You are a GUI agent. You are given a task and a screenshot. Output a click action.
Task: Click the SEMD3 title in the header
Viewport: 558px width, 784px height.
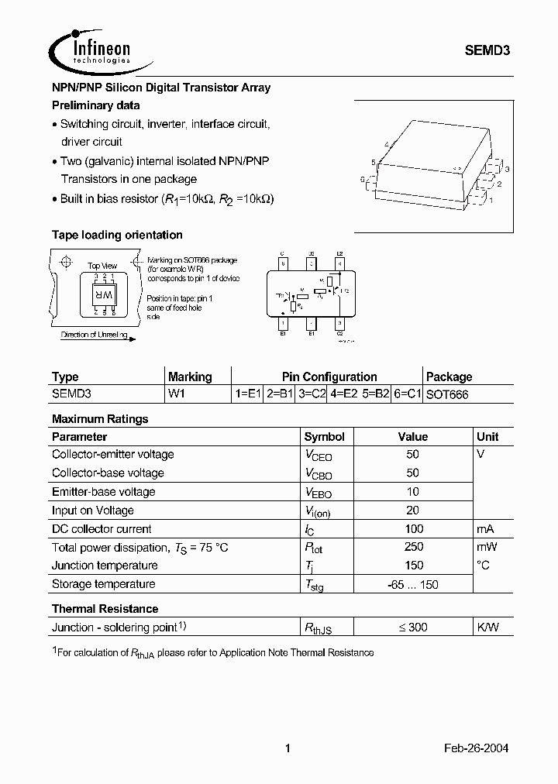point(487,49)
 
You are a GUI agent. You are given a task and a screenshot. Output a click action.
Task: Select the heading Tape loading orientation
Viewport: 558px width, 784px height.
point(117,235)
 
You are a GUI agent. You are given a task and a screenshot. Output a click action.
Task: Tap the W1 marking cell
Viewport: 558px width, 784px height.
point(177,394)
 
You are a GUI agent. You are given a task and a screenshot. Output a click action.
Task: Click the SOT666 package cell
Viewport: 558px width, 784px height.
point(447,394)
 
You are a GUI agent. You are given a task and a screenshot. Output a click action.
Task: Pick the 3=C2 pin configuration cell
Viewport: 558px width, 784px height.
point(312,394)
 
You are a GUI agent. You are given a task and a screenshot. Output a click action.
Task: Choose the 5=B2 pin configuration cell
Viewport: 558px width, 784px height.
point(375,394)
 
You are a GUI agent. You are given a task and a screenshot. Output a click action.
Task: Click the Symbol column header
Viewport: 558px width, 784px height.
point(324,436)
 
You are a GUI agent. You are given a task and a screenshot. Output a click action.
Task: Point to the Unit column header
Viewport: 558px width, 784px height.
point(487,436)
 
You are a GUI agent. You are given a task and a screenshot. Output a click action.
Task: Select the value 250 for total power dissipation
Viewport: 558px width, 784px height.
point(413,547)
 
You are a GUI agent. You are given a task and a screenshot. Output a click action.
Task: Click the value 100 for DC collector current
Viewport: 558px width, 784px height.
point(413,528)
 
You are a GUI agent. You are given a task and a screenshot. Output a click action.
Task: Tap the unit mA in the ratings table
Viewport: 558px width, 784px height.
point(485,528)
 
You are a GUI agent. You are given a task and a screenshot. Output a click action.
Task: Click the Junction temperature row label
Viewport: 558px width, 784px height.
point(105,566)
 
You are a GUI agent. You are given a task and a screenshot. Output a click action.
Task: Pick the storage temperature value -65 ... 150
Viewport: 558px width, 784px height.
point(413,584)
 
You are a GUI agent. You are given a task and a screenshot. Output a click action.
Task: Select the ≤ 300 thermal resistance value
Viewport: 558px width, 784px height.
point(413,627)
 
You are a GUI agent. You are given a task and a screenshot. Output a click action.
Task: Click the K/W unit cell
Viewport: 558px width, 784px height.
point(487,627)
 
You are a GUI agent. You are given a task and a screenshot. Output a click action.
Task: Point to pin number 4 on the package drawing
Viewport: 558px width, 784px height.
point(385,144)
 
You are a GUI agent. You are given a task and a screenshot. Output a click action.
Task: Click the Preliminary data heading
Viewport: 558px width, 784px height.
point(95,105)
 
